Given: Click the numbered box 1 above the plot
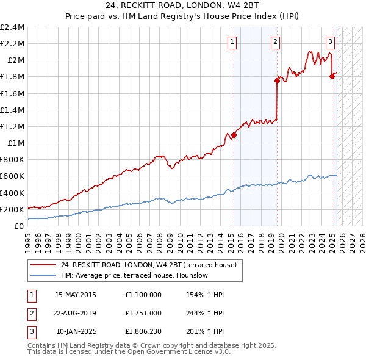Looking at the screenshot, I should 233,42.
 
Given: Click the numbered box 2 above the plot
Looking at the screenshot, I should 276,42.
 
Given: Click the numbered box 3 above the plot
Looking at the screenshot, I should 330,42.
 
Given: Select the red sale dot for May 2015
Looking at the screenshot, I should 234,135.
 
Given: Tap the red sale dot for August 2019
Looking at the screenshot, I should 277,81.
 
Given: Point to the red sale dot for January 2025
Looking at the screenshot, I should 332,76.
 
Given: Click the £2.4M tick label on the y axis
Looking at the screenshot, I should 12,27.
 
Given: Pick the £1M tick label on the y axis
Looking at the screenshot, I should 16,143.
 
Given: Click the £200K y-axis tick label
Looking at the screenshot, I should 12,209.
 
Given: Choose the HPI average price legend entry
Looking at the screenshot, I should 134,275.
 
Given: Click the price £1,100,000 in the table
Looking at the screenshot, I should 143,295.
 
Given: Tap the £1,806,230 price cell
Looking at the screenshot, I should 143,331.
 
